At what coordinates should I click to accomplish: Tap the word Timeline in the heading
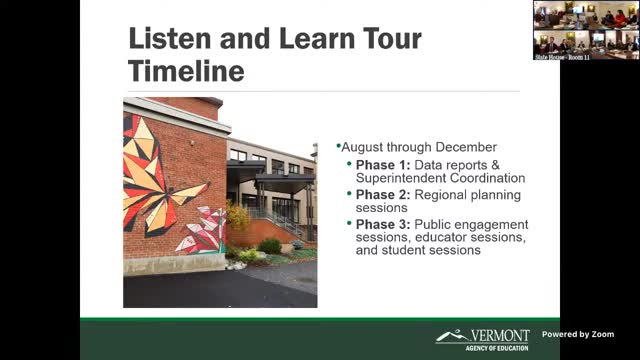click(x=186, y=73)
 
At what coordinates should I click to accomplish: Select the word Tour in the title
click(x=384, y=41)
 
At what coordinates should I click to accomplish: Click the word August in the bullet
click(x=363, y=146)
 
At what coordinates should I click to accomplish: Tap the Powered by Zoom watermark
click(x=578, y=334)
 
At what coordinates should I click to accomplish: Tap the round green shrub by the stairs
click(x=268, y=245)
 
